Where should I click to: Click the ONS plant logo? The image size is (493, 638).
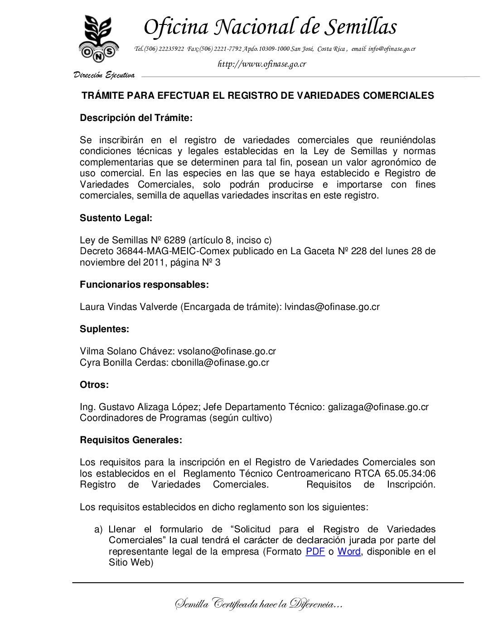99,39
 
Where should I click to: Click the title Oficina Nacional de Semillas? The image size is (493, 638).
270,27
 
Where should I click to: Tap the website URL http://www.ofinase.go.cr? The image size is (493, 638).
262,64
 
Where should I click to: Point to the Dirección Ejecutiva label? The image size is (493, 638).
104,75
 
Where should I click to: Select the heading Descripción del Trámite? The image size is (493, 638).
136,118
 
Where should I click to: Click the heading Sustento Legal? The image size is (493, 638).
116,218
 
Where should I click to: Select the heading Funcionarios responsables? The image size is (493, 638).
144,285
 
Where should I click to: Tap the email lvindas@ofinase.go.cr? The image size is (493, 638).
332,307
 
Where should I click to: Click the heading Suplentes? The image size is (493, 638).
104,329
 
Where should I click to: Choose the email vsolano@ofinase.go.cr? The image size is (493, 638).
227,351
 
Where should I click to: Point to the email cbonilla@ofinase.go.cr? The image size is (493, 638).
220,362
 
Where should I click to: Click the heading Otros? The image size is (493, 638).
94,385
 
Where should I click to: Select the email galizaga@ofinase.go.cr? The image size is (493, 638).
378,407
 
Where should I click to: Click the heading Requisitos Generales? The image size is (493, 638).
131,440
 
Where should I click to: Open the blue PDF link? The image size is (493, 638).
315,551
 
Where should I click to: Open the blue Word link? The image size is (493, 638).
349,551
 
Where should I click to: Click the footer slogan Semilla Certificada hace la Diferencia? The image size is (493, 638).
258,604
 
